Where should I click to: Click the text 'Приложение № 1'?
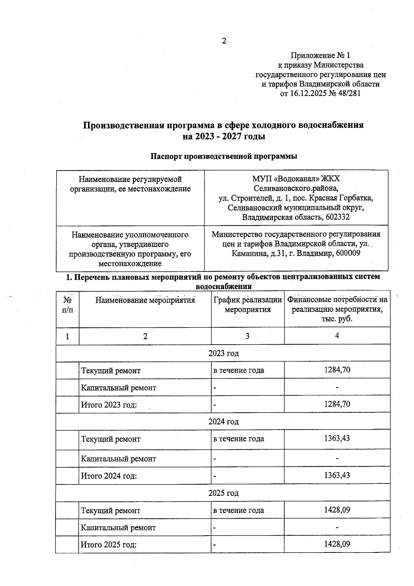point(321,55)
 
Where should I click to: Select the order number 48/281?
point(349,93)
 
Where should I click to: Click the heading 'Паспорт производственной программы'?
point(224,156)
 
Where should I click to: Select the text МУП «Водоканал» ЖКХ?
point(296,179)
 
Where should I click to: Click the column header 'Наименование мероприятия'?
point(145,300)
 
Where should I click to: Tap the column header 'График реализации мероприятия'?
point(247,305)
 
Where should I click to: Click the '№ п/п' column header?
point(67,305)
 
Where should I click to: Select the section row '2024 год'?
point(224,422)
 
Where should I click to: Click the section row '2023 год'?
point(224,353)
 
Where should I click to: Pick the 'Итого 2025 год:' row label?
point(109,545)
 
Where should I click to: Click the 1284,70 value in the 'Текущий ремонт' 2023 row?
point(337,370)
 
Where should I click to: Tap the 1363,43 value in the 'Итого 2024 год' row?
point(337,475)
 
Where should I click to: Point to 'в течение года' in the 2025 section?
point(238,510)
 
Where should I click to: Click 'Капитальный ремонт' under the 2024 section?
point(118,459)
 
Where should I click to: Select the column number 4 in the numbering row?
point(337,336)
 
